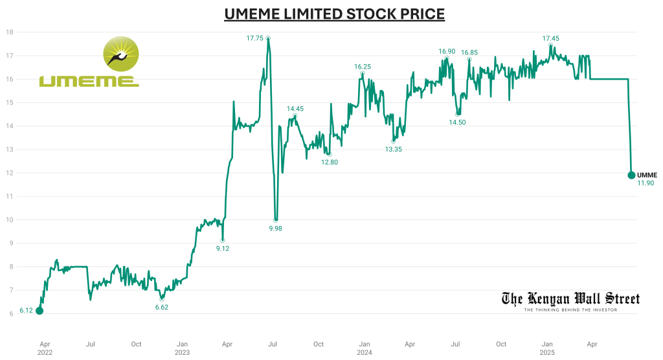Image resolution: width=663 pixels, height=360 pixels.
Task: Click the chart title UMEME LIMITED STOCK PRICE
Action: pos(334,14)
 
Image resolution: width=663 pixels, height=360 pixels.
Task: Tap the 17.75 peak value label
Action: pos(255,38)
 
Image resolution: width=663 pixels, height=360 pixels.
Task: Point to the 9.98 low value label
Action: pos(276,228)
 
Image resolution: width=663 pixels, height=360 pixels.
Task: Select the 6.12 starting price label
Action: pos(26,311)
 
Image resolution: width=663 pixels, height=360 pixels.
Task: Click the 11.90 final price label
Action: pos(646,183)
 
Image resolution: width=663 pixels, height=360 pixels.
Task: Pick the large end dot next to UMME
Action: pos(631,175)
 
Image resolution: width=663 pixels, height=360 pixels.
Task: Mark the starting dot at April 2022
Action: pos(39,311)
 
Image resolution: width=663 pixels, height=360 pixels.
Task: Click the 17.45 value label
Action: pos(551,38)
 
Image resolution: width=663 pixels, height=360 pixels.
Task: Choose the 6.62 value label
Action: pos(162,307)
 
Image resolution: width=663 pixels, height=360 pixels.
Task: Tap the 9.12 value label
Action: pos(223,249)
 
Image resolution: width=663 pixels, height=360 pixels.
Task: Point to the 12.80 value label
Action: pos(330,162)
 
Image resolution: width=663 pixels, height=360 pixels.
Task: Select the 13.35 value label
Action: pos(394,149)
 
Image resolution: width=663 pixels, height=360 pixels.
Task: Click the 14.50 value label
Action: pos(457,122)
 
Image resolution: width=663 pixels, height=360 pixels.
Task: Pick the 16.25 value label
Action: pos(363,66)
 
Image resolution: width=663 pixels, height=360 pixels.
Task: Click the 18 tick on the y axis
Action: pos(10,32)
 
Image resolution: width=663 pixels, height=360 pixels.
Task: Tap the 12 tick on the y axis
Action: pos(10,173)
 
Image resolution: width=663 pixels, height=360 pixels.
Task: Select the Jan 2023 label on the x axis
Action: pos(183,348)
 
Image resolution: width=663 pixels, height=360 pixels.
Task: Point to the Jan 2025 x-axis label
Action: pos(547,348)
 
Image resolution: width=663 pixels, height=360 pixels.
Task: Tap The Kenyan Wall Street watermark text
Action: pos(570,298)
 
